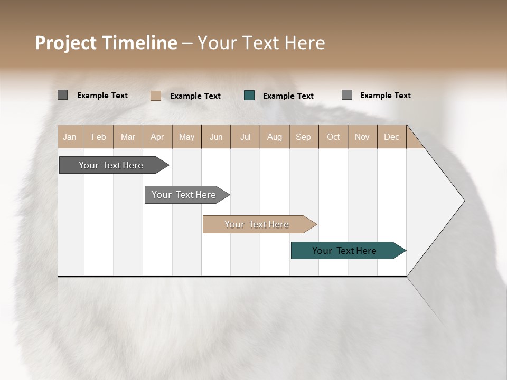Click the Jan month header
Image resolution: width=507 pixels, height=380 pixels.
70,137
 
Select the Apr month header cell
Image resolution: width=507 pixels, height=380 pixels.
157,137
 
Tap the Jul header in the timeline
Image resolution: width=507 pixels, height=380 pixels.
245,137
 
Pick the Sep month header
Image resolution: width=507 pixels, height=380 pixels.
303,137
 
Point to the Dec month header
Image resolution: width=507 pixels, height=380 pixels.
391,137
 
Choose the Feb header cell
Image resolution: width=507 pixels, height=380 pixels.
99,137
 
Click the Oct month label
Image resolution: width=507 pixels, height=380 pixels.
333,137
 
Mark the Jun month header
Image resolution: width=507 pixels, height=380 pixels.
216,137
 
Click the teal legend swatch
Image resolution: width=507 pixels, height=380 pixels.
249,96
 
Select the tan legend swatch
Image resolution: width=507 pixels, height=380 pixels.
156,96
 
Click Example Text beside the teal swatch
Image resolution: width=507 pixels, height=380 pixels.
288,96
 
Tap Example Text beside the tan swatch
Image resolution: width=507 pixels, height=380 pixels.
195,96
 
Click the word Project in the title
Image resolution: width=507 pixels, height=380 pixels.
67,43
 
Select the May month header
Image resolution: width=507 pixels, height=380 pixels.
186,137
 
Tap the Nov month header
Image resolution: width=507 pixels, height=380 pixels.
362,137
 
